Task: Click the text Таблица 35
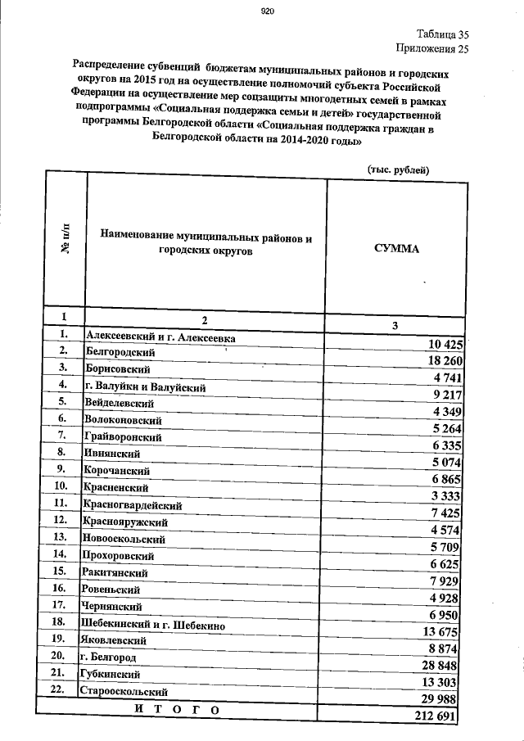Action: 442,34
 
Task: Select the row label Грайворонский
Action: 123,437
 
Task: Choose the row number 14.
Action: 59,553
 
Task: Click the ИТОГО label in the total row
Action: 178,710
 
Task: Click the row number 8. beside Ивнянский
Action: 61,451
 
